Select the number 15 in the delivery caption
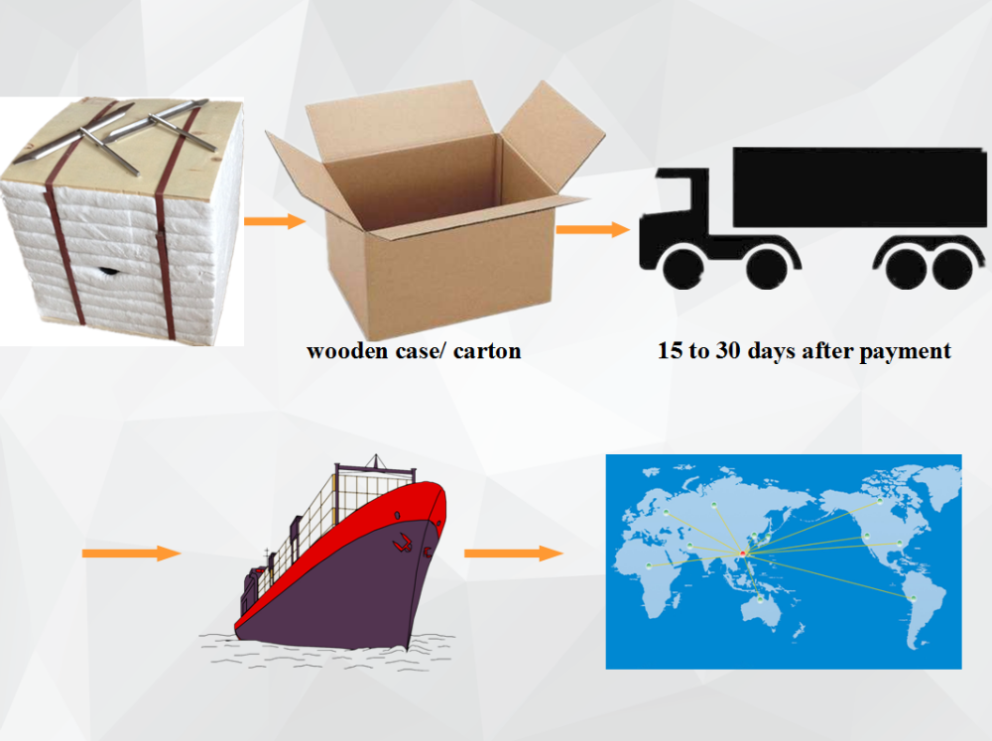point(672,351)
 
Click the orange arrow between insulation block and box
point(275,221)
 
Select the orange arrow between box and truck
point(592,230)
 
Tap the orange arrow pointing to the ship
point(131,553)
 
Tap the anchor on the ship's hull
point(402,543)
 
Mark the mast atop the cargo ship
point(374,464)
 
